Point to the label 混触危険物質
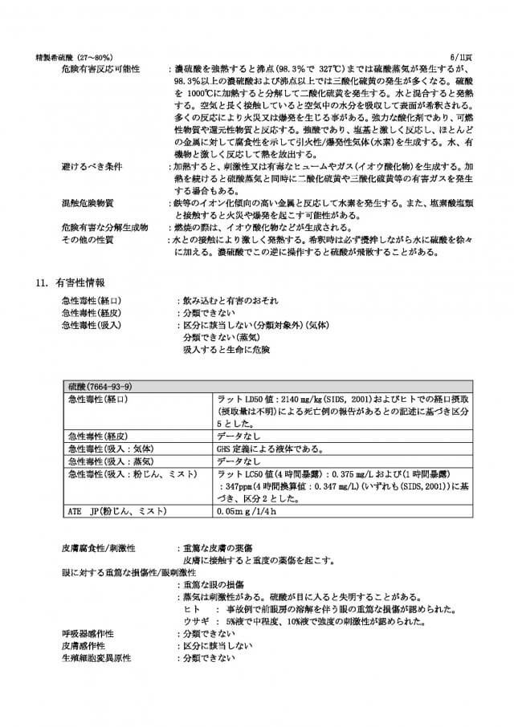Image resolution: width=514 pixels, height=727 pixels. click(86, 204)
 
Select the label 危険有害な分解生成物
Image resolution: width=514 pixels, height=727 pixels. click(104, 228)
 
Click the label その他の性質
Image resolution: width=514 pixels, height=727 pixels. click(87, 240)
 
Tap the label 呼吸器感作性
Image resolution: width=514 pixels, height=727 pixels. click(87, 633)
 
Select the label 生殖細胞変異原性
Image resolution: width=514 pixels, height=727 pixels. click(96, 658)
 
